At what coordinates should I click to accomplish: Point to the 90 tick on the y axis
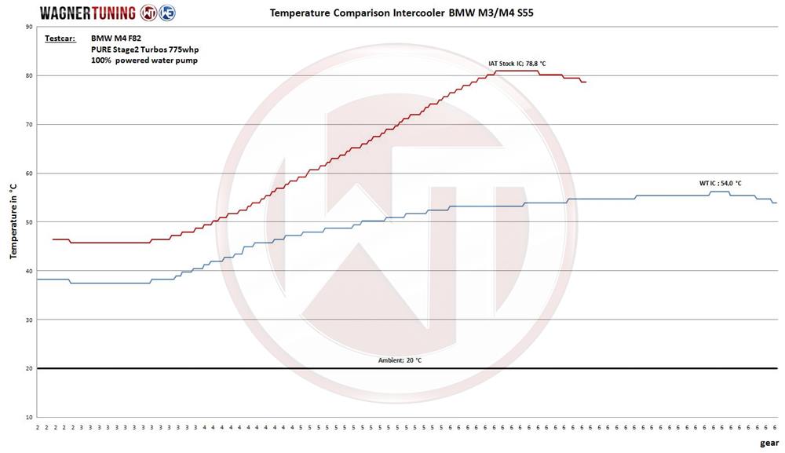[29, 27]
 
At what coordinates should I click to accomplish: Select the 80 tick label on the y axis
[29, 75]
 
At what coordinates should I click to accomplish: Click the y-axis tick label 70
[29, 124]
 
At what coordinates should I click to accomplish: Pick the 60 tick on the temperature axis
[29, 173]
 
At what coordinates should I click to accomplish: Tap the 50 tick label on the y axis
[29, 222]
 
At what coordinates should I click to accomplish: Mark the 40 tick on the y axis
[29, 271]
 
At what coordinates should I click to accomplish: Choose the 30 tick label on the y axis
[29, 320]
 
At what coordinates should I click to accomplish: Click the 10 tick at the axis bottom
[29, 417]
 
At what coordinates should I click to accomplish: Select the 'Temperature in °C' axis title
[13, 222]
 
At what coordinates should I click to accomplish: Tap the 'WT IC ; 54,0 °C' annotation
[720, 183]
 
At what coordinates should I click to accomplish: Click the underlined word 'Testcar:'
[60, 38]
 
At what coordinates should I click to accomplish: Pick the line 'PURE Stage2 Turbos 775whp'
[144, 49]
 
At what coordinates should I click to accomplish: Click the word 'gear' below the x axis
[769, 442]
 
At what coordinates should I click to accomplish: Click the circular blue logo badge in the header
[167, 13]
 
